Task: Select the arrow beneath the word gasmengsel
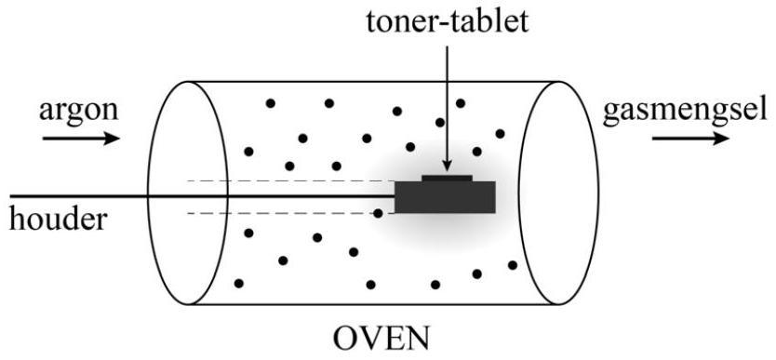click(x=690, y=140)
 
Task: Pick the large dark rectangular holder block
click(x=445, y=197)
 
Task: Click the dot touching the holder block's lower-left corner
click(x=379, y=213)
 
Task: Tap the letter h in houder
click(x=16, y=220)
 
